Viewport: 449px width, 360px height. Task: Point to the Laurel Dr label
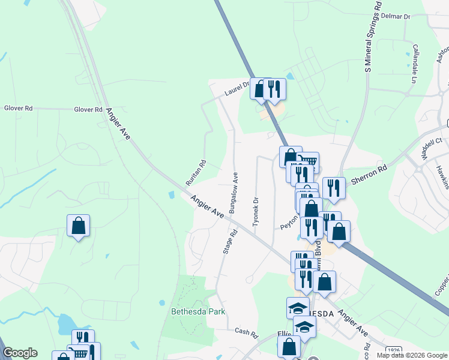click(237, 90)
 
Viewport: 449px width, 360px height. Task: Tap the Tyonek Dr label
click(256, 211)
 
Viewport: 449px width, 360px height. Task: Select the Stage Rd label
click(227, 241)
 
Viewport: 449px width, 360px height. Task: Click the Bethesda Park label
click(193, 311)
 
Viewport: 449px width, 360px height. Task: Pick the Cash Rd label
click(246, 332)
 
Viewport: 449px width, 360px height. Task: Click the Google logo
click(20, 353)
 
